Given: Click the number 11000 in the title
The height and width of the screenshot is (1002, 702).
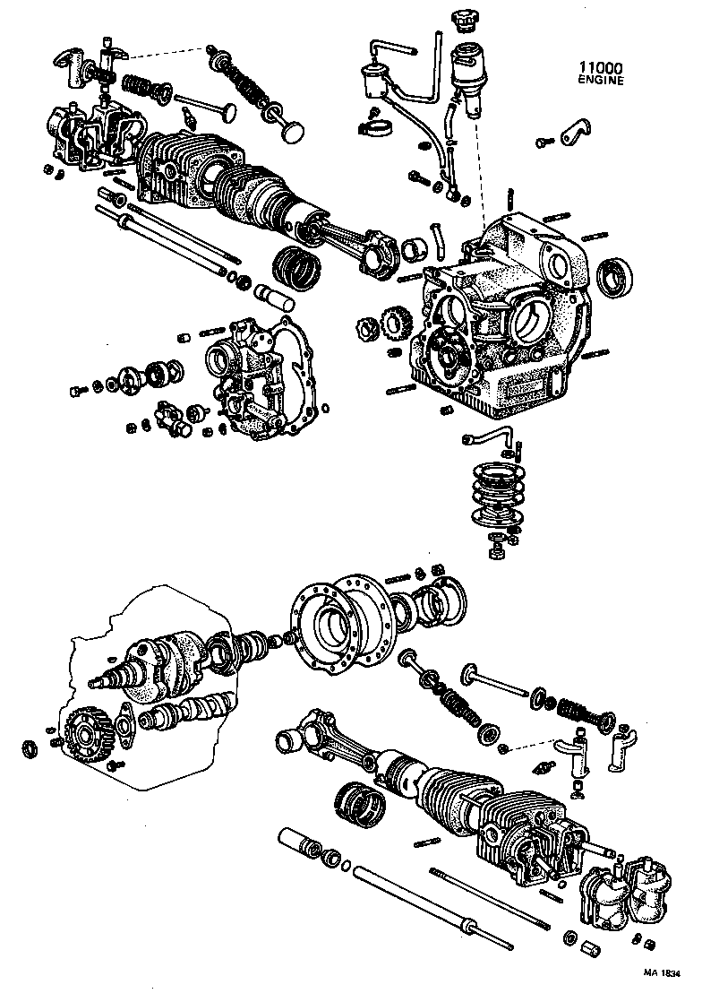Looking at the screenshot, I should (597, 66).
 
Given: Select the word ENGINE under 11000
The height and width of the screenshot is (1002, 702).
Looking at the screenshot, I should (597, 80).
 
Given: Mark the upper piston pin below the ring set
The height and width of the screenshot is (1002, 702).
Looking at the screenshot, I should (276, 295).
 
